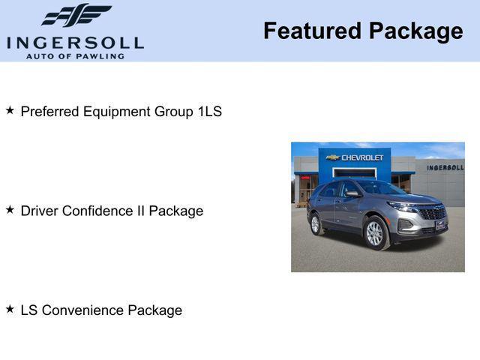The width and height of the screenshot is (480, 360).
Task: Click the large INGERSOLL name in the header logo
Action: click(75, 42)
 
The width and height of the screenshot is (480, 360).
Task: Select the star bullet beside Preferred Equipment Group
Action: click(10, 110)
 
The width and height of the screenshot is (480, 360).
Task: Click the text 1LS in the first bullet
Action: click(209, 112)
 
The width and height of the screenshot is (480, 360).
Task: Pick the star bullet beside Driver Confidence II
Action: click(10, 210)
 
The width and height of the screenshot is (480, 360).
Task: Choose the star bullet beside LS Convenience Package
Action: click(10, 309)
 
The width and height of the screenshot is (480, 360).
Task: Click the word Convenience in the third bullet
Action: click(82, 310)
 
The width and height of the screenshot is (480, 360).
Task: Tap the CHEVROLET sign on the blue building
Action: click(362, 157)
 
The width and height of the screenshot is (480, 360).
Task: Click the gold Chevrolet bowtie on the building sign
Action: click(332, 157)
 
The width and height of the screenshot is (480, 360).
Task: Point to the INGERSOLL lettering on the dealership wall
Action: click(445, 167)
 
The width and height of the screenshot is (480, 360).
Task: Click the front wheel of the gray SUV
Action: click(374, 233)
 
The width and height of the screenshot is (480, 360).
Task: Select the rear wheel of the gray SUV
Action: click(315, 223)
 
